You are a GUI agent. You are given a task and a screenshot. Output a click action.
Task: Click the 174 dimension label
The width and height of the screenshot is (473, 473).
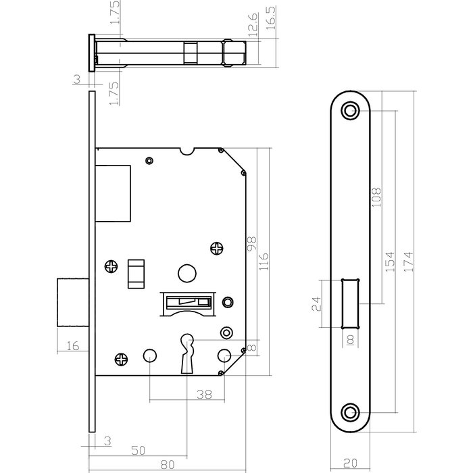408,259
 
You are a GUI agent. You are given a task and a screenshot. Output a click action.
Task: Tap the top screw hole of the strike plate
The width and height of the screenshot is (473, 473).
350,110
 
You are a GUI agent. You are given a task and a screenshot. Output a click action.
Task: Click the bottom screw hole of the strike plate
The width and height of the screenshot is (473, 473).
350,411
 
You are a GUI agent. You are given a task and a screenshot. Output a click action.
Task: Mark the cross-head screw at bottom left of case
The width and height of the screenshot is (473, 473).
122,359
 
